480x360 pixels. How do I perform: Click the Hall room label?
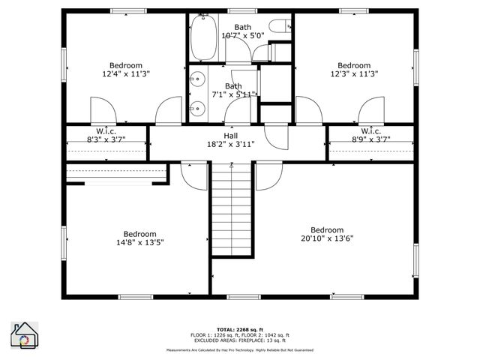click(230, 135)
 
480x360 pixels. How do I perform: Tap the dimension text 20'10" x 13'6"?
click(327, 239)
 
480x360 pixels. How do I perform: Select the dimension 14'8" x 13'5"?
click(139, 242)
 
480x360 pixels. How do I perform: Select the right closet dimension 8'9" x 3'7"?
click(371, 139)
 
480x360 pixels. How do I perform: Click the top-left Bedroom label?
click(125, 65)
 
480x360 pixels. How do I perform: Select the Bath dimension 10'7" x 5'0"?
click(242, 36)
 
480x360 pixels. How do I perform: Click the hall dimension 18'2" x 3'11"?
click(230, 144)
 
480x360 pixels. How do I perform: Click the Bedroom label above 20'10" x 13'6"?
click(327, 230)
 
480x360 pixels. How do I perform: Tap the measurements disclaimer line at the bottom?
click(240, 349)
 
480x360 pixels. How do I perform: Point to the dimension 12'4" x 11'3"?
click(125, 74)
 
